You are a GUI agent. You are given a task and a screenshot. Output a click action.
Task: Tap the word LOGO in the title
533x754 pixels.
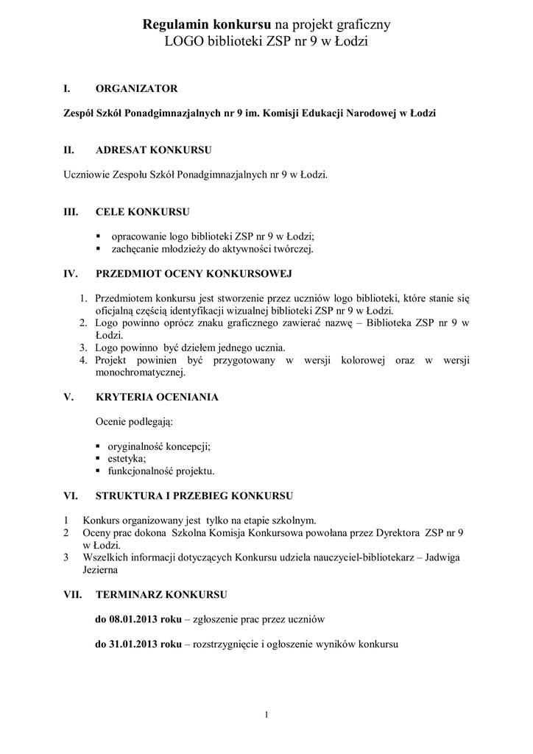[185, 42]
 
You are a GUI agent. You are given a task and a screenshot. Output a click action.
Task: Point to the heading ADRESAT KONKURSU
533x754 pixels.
[154, 150]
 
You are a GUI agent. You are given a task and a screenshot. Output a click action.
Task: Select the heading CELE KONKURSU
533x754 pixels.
[142, 212]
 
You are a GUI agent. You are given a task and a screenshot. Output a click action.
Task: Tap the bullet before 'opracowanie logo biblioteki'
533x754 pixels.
[99, 236]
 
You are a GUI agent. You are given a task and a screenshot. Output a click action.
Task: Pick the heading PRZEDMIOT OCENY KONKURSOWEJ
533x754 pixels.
[194, 274]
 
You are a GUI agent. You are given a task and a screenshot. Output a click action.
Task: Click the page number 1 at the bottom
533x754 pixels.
[266, 714]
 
